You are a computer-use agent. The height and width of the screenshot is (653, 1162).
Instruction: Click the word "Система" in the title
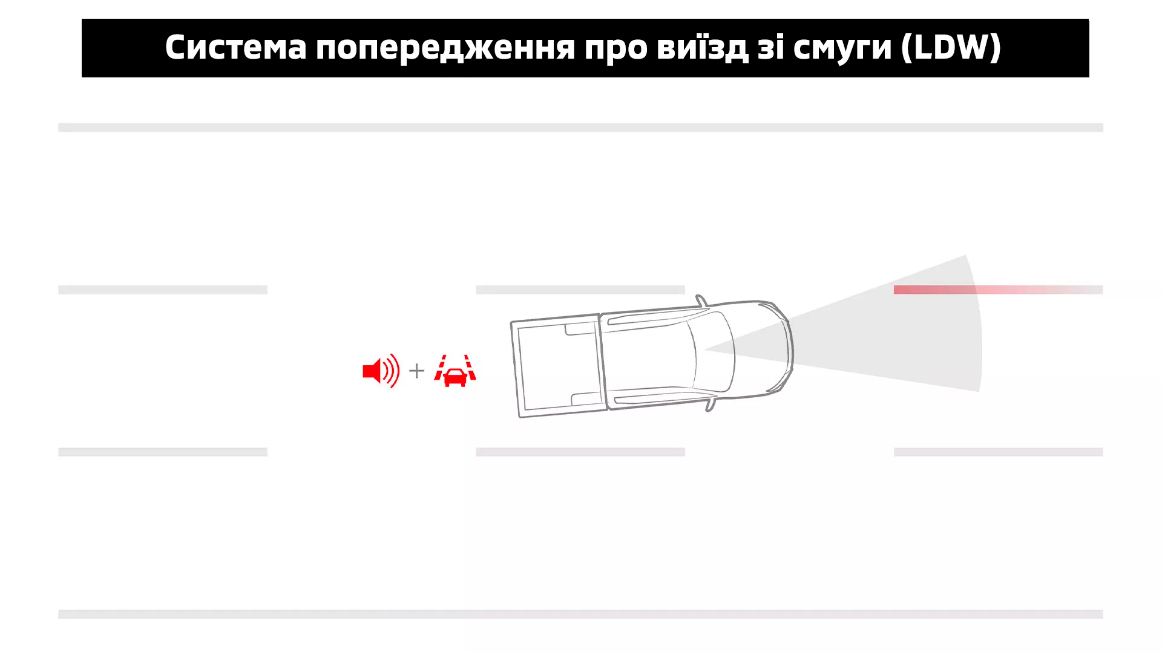click(236, 47)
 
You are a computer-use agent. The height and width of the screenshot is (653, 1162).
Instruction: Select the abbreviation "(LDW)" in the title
click(951, 47)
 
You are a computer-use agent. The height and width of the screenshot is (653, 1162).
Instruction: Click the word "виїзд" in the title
click(702, 48)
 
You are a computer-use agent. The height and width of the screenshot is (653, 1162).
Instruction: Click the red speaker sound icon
click(381, 371)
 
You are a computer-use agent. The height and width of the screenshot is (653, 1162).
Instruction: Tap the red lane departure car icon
click(455, 371)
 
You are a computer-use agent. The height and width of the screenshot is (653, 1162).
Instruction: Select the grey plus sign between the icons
click(416, 371)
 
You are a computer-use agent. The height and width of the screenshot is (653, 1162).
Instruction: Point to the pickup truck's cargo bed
click(558, 366)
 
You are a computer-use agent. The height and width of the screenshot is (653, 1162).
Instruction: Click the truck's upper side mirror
click(701, 301)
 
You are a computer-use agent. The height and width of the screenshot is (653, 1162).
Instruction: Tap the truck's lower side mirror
click(711, 403)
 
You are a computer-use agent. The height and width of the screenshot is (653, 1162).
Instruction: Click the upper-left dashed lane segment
click(163, 290)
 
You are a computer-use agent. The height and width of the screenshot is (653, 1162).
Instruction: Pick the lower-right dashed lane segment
click(998, 452)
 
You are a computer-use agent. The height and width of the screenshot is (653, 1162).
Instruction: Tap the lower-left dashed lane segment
click(163, 452)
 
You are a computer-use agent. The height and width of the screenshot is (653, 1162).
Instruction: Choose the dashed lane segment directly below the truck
click(580, 452)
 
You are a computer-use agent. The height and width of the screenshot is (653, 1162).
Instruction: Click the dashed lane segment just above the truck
click(580, 290)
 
